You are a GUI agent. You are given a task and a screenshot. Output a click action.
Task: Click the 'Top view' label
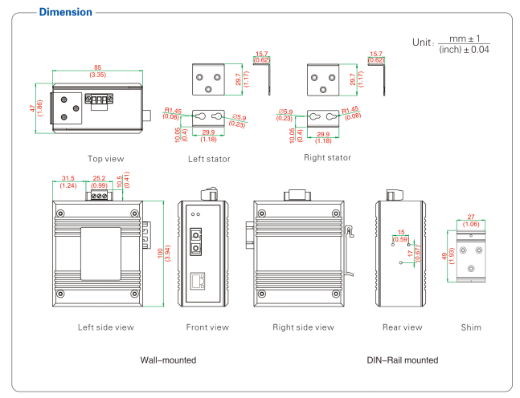coord(106,158)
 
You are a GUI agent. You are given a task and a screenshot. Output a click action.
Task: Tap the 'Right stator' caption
coord(327,157)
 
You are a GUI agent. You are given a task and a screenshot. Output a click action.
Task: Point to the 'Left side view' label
coord(106,327)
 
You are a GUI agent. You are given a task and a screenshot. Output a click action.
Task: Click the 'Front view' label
coord(207,327)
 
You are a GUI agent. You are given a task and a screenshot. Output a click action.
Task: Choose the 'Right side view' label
coord(303,327)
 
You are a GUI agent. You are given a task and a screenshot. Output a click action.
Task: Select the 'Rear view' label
coord(402,327)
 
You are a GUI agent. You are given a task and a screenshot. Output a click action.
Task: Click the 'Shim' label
coord(472,327)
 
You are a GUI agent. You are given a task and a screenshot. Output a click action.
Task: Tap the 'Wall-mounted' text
coord(169,360)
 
